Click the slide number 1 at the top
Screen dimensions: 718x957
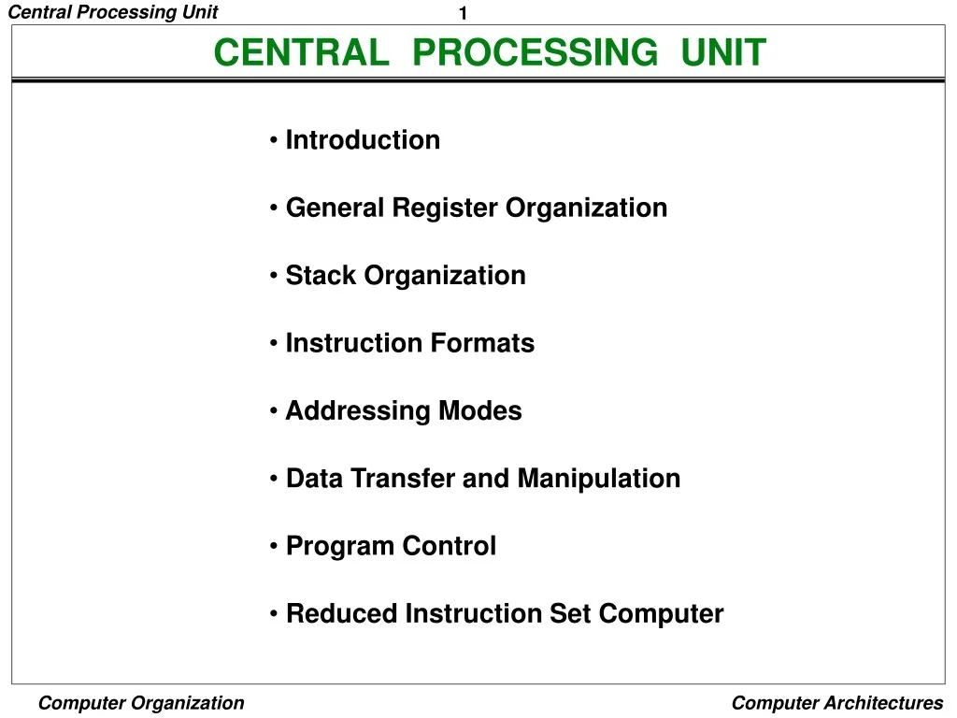(463, 13)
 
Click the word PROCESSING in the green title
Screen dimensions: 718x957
(535, 52)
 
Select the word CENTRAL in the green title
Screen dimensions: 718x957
(302, 52)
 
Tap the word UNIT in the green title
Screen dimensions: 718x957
(723, 52)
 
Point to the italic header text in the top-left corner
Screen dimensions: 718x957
(113, 12)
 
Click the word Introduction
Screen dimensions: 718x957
(363, 140)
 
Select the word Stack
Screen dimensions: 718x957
(321, 276)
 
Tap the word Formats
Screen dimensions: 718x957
(482, 343)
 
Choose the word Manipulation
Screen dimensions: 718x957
(598, 479)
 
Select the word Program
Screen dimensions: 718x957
(332, 547)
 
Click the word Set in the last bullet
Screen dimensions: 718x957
(570, 614)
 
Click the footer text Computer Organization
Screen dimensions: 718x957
(141, 703)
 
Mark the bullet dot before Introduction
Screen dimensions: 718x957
(273, 141)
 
